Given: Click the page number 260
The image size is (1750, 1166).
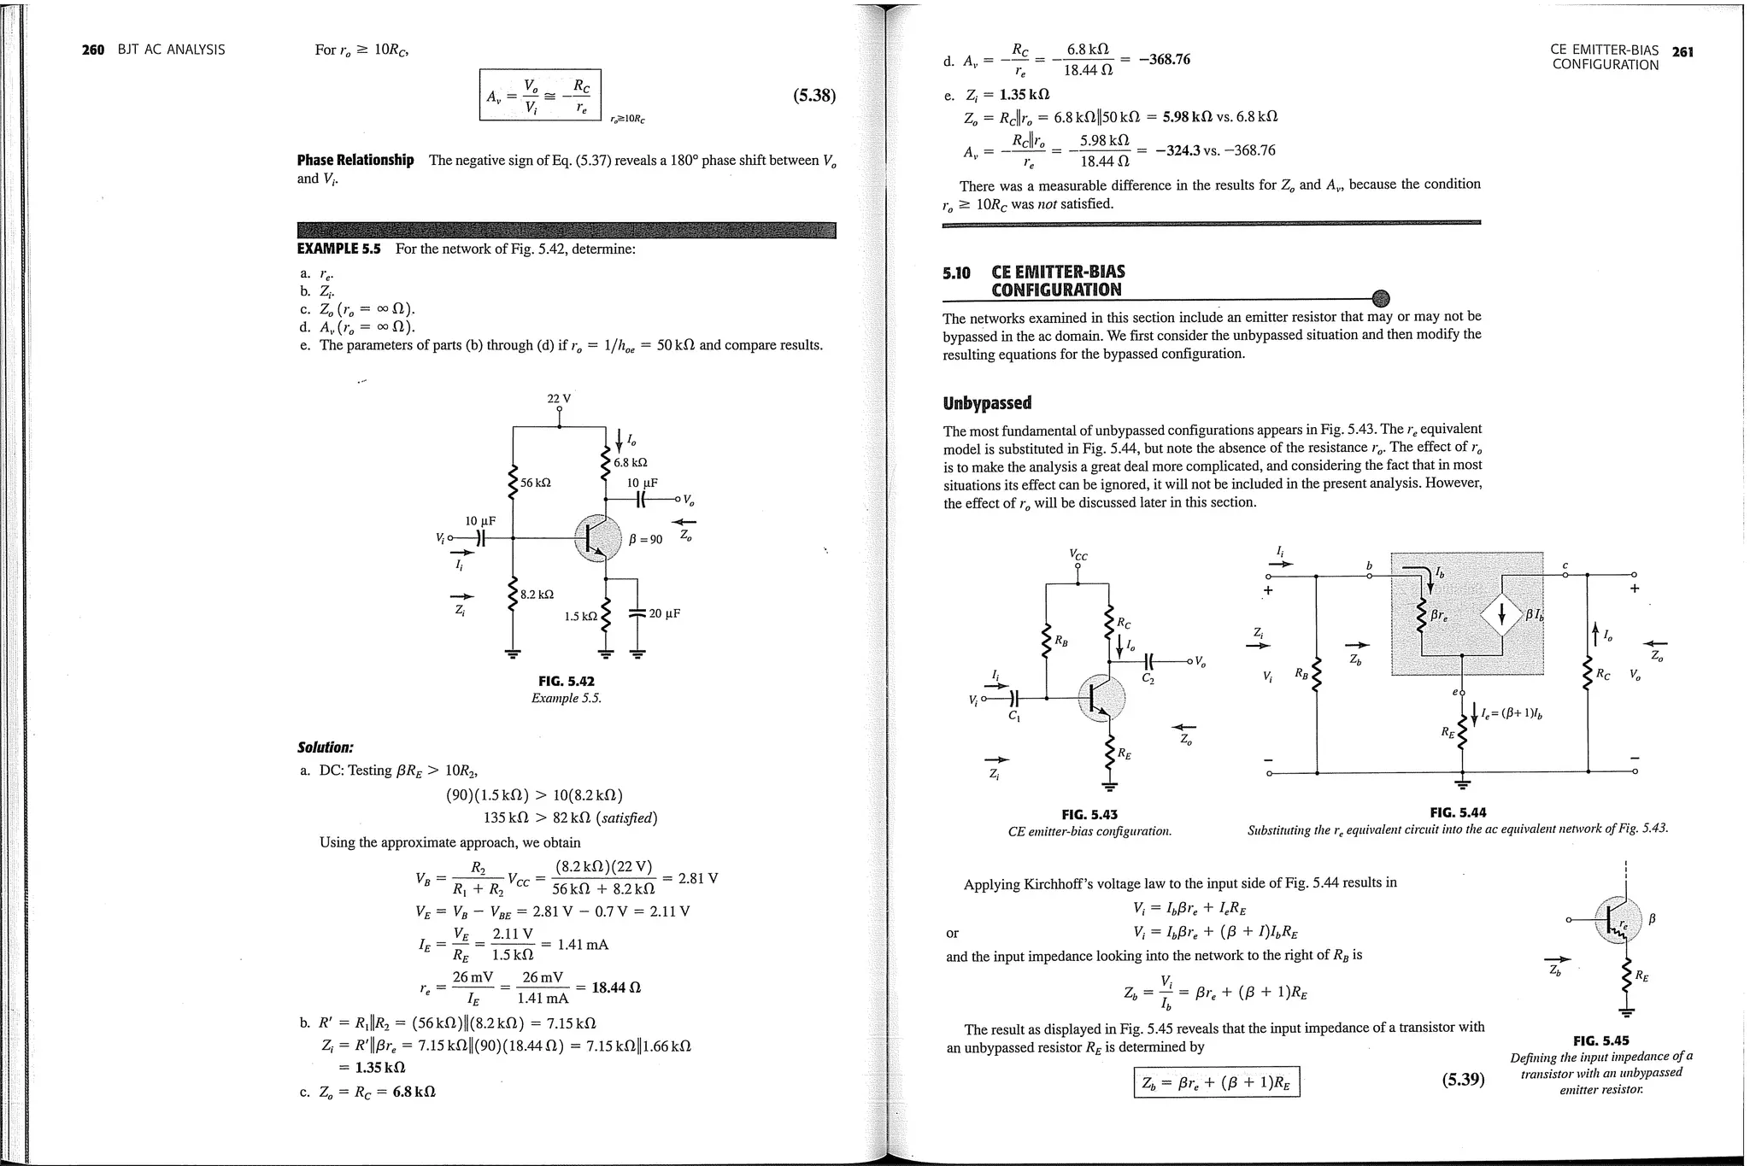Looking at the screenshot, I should (92, 50).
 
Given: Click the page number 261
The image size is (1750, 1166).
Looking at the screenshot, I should (1682, 51).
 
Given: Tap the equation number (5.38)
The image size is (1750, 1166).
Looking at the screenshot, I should (813, 96).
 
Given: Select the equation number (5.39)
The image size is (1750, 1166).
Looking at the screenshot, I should (1463, 1079).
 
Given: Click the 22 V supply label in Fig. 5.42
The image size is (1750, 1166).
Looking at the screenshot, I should (559, 399).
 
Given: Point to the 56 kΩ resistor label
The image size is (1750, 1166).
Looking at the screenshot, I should (536, 483).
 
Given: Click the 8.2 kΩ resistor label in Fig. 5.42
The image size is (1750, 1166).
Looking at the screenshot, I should (537, 594).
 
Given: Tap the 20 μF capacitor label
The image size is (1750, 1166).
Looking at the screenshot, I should (665, 613).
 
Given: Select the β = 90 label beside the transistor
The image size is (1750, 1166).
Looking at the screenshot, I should (645, 539).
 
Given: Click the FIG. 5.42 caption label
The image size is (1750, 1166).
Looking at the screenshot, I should (566, 681).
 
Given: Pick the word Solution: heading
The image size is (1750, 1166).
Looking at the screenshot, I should (325, 747).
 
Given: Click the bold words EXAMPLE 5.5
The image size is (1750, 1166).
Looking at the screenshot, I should (338, 249).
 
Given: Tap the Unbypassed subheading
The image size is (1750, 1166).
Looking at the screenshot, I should (987, 403).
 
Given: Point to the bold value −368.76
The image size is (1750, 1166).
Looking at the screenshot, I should (1164, 59).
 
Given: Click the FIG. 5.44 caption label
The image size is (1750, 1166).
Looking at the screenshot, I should (1458, 812).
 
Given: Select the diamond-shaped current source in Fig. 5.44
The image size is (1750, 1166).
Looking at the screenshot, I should (1501, 613).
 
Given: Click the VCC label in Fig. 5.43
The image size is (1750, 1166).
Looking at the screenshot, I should (1078, 554).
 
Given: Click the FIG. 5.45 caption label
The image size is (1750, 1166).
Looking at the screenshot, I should (1600, 1040).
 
